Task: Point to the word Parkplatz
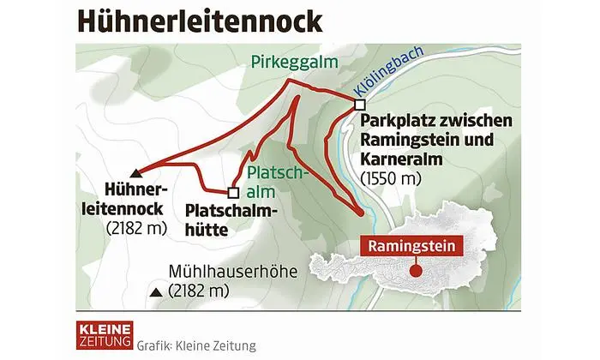point(398,119)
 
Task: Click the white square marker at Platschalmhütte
point(232,192)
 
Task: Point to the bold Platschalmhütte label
point(219,219)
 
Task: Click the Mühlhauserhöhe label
point(232,273)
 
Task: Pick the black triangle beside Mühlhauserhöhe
point(155,293)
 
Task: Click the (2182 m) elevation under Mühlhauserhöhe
point(200,292)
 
